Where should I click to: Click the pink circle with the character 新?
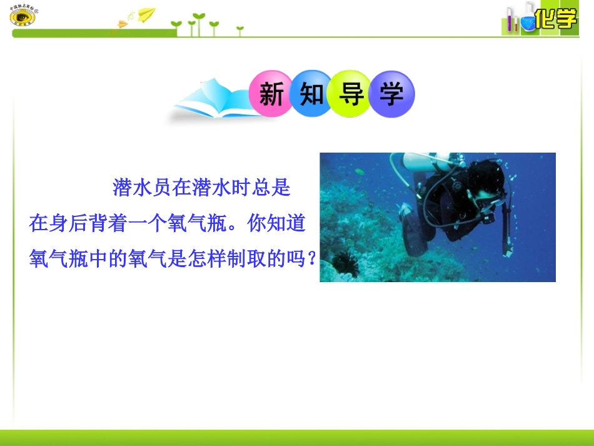pos(271,94)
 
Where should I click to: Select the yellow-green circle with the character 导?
pos(351,94)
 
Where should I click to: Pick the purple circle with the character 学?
pos(391,94)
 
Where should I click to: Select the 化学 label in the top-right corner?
pos(556,19)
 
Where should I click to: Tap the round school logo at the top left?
pos(23,17)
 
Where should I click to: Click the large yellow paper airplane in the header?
pos(146,14)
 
